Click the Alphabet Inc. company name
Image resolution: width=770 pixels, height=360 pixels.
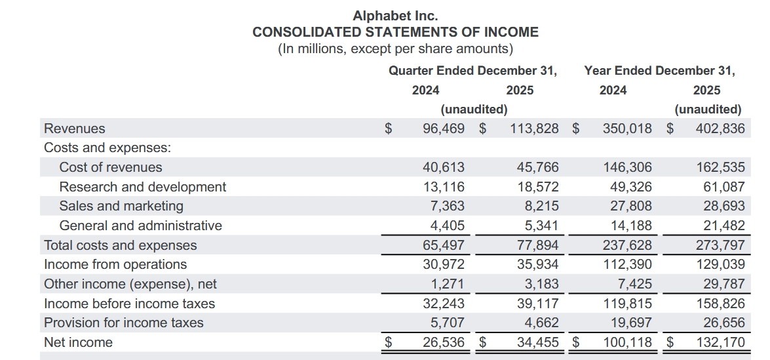(x=395, y=16)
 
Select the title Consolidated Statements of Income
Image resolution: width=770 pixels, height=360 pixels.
(x=395, y=32)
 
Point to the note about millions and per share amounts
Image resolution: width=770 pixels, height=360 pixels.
(x=395, y=49)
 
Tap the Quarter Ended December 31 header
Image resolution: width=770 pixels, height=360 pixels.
(x=473, y=71)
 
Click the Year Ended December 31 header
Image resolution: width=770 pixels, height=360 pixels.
(x=659, y=71)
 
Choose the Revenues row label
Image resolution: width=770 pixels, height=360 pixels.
(x=75, y=129)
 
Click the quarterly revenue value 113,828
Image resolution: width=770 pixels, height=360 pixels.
(x=534, y=129)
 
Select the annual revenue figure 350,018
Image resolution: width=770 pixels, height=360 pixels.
(x=628, y=129)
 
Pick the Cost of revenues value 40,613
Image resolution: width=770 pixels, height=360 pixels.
(x=444, y=167)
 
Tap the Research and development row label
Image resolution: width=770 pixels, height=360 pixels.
(x=143, y=187)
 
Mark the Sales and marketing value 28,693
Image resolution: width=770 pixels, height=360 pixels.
(x=724, y=207)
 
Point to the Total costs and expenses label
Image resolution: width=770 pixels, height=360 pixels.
(x=121, y=245)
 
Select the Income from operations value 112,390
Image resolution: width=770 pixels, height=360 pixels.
(x=628, y=265)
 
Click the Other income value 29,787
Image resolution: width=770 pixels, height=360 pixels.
(x=724, y=285)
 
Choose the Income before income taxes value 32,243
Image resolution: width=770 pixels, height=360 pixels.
(x=444, y=304)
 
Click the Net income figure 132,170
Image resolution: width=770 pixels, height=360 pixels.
(x=721, y=342)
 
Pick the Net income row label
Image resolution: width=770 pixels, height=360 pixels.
(x=79, y=342)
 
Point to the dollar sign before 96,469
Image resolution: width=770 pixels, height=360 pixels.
(x=389, y=129)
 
